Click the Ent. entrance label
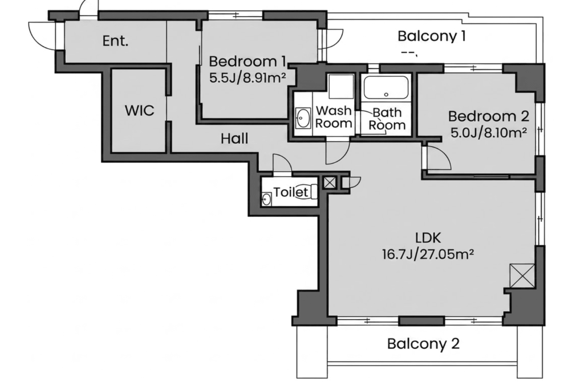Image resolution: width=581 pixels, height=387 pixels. coord(115,41)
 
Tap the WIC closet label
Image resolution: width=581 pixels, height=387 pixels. coord(140,111)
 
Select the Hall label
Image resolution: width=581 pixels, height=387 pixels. coord(234,139)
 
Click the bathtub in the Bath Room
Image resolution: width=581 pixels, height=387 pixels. coord(386,88)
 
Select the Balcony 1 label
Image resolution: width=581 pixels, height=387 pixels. coord(432,36)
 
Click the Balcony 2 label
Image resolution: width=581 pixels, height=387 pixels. coord(423,344)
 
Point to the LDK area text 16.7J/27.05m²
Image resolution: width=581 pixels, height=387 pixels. coord(428,254)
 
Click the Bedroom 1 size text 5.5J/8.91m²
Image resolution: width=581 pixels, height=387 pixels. coord(248,78)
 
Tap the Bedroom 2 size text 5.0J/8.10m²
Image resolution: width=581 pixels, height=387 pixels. coord(489,133)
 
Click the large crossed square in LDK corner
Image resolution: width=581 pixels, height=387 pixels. coord(522,276)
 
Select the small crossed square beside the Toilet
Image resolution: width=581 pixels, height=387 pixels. coord(330,183)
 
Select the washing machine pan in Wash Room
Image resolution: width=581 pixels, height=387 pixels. coord(341,86)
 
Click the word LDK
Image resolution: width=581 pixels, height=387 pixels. coord(428,238)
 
